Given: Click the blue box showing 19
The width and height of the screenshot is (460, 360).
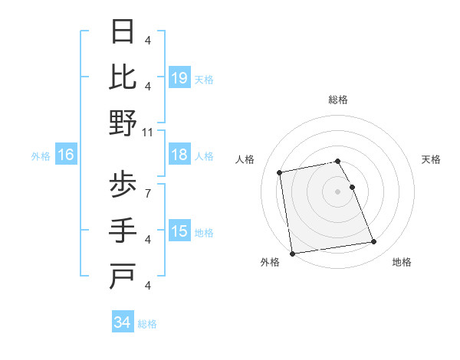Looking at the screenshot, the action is pos(179,77).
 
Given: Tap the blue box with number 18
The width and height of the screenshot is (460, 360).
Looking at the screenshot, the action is pos(179,155).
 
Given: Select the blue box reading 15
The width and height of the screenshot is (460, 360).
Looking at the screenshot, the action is pos(179,231).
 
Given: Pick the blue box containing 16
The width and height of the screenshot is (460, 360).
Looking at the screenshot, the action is pos(66,155).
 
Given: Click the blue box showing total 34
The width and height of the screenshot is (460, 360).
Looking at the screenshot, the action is pos(123,322).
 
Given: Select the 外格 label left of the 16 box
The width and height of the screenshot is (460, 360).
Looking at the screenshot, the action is pos(41,155).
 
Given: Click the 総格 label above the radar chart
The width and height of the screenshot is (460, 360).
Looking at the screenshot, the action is pos(337,100).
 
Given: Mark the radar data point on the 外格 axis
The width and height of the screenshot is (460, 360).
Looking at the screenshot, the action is pos(292,254).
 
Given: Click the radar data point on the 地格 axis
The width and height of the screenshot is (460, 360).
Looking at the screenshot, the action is pos(373,242).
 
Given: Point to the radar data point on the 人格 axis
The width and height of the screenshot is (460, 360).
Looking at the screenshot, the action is pos(281,172).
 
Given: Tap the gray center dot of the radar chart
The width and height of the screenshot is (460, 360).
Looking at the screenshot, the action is pos(337,191).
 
